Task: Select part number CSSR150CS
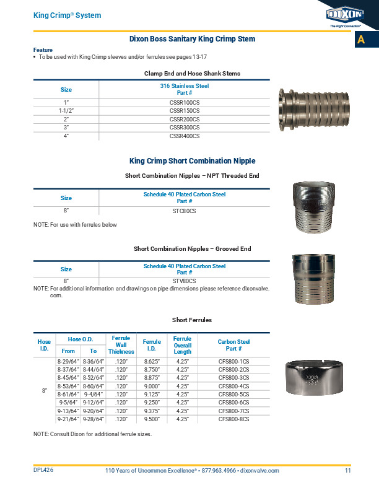(x=184, y=110)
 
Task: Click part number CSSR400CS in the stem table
(x=184, y=136)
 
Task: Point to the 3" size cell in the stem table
(x=66, y=127)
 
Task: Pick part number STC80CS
(x=184, y=211)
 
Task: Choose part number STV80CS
(x=184, y=281)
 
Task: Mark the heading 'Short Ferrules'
(x=191, y=320)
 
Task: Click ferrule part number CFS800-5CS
(x=233, y=393)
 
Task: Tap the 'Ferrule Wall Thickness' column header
(x=121, y=345)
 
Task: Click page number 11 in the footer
(x=348, y=471)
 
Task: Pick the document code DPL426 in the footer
(x=43, y=471)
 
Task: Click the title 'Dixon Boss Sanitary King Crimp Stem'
(x=192, y=39)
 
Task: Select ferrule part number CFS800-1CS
(x=233, y=361)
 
